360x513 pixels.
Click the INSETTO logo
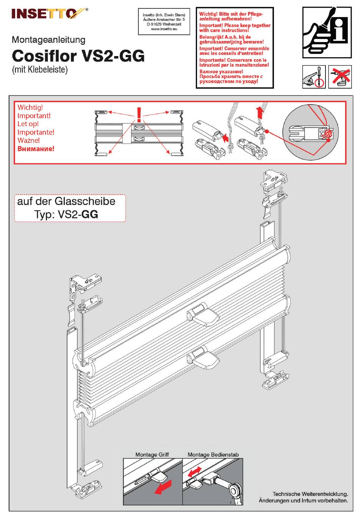(x=50, y=14)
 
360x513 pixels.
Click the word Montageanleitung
(x=49, y=40)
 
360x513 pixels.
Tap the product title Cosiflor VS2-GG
(x=78, y=56)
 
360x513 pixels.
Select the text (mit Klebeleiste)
(x=40, y=69)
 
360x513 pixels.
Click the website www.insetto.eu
(x=164, y=29)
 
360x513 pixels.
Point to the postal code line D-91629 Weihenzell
(x=164, y=24)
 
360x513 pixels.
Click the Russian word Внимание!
(x=36, y=149)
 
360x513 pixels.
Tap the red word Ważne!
(x=29, y=141)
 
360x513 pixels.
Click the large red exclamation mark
(x=139, y=114)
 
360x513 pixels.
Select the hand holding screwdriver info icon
(x=327, y=32)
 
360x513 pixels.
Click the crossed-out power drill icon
(x=340, y=77)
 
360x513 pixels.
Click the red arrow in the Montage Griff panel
(x=163, y=487)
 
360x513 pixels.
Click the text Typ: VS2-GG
(x=66, y=214)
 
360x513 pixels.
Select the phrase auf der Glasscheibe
(x=66, y=202)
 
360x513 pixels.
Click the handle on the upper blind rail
(x=203, y=314)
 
